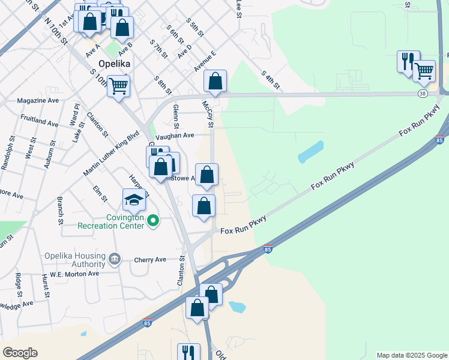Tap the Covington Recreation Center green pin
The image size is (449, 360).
152,221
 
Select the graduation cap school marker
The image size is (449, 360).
134,200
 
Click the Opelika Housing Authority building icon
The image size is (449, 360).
114,260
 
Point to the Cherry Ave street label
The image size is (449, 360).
150,260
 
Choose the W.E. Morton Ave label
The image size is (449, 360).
74,274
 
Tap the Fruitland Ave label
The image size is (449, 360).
39,120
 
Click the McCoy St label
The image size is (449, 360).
208,114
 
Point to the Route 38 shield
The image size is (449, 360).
423,94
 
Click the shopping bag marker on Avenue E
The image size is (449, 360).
215,81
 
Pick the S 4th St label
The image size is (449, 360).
271,81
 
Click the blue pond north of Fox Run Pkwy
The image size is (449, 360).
311,152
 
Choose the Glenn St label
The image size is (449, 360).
176,116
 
